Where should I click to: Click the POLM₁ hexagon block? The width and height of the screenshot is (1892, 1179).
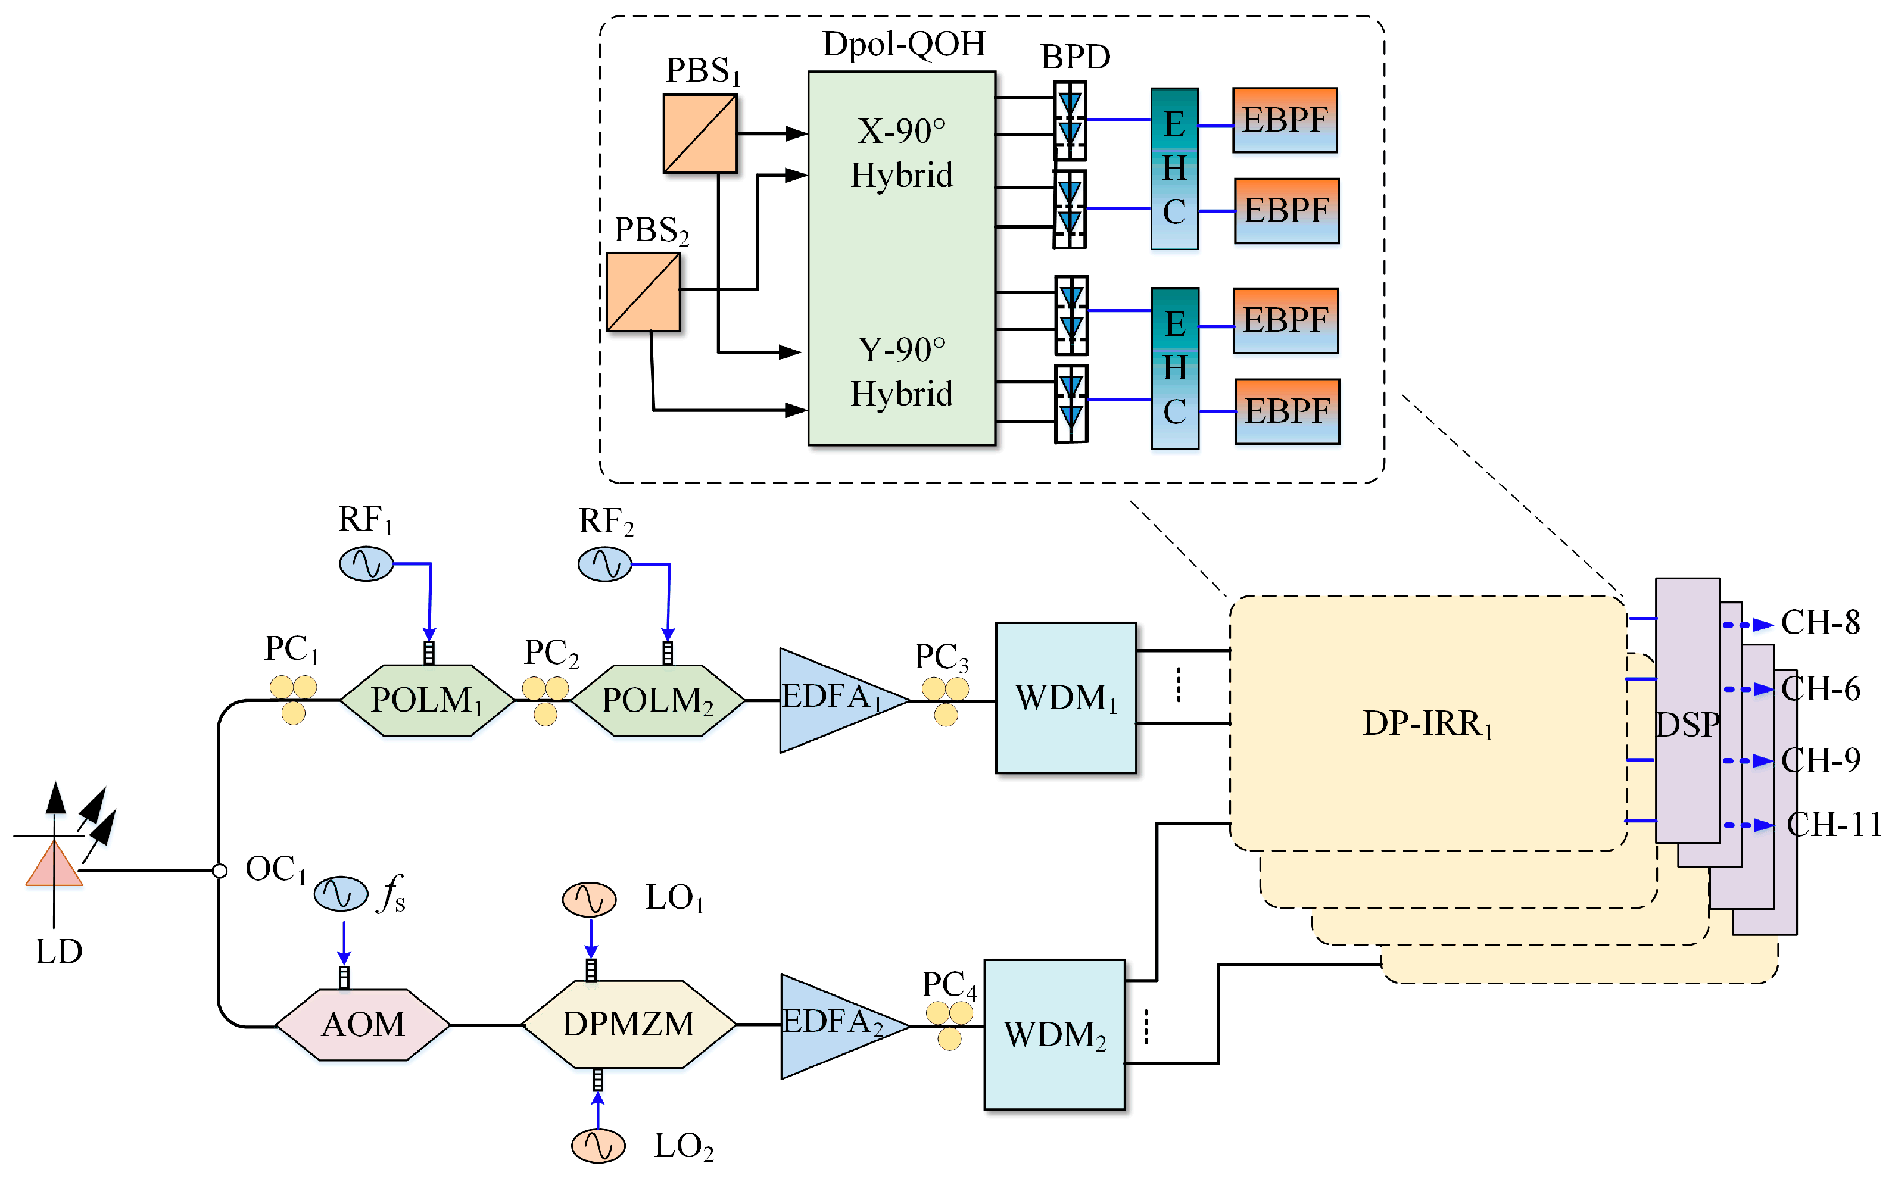point(426,700)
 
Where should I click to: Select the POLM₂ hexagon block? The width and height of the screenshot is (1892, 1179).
point(657,700)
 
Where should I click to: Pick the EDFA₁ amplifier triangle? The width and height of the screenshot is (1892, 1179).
point(834,700)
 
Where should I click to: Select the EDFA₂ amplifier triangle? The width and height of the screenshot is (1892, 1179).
point(836,1025)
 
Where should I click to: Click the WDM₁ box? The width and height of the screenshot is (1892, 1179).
point(1065,697)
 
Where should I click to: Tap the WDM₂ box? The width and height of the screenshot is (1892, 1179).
point(1053,1034)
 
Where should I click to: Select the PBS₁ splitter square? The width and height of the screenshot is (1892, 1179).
point(700,133)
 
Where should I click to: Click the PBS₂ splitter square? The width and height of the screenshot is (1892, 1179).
point(643,292)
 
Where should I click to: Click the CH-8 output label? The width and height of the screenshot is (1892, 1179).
point(1821,622)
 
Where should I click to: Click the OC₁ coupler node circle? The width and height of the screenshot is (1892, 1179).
point(220,870)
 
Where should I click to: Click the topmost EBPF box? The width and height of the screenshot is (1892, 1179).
point(1285,120)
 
